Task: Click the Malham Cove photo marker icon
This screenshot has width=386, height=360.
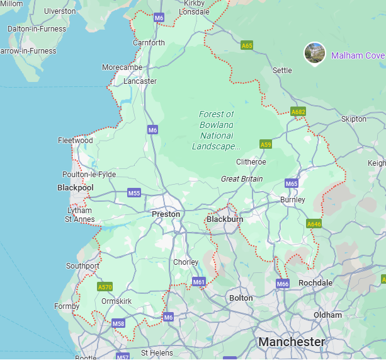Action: point(315,53)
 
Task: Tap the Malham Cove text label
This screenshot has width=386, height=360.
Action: point(358,55)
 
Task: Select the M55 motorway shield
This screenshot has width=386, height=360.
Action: point(134,193)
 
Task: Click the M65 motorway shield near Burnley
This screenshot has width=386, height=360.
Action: point(291,183)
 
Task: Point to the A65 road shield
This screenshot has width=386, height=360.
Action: point(247,45)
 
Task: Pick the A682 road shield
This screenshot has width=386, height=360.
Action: point(298,112)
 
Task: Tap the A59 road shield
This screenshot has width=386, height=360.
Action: point(266,144)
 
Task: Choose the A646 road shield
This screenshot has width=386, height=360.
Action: point(314,224)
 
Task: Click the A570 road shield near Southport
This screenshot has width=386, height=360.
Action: point(105,287)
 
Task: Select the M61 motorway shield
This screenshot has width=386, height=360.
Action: point(199,282)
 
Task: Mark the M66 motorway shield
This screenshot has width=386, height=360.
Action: point(283,284)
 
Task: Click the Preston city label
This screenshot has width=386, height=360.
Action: point(166,214)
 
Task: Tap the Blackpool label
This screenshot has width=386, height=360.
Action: point(76,188)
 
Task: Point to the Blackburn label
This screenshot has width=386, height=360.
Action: point(225,219)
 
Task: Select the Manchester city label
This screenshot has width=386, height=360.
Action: point(292,342)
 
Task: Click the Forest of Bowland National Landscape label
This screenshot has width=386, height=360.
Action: point(216,131)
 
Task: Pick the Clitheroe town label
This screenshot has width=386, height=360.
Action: point(251,162)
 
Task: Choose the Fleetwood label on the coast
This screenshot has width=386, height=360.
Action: point(76,141)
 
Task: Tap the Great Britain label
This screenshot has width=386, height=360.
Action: point(242,179)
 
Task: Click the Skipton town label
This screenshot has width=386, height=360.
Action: point(353,119)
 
